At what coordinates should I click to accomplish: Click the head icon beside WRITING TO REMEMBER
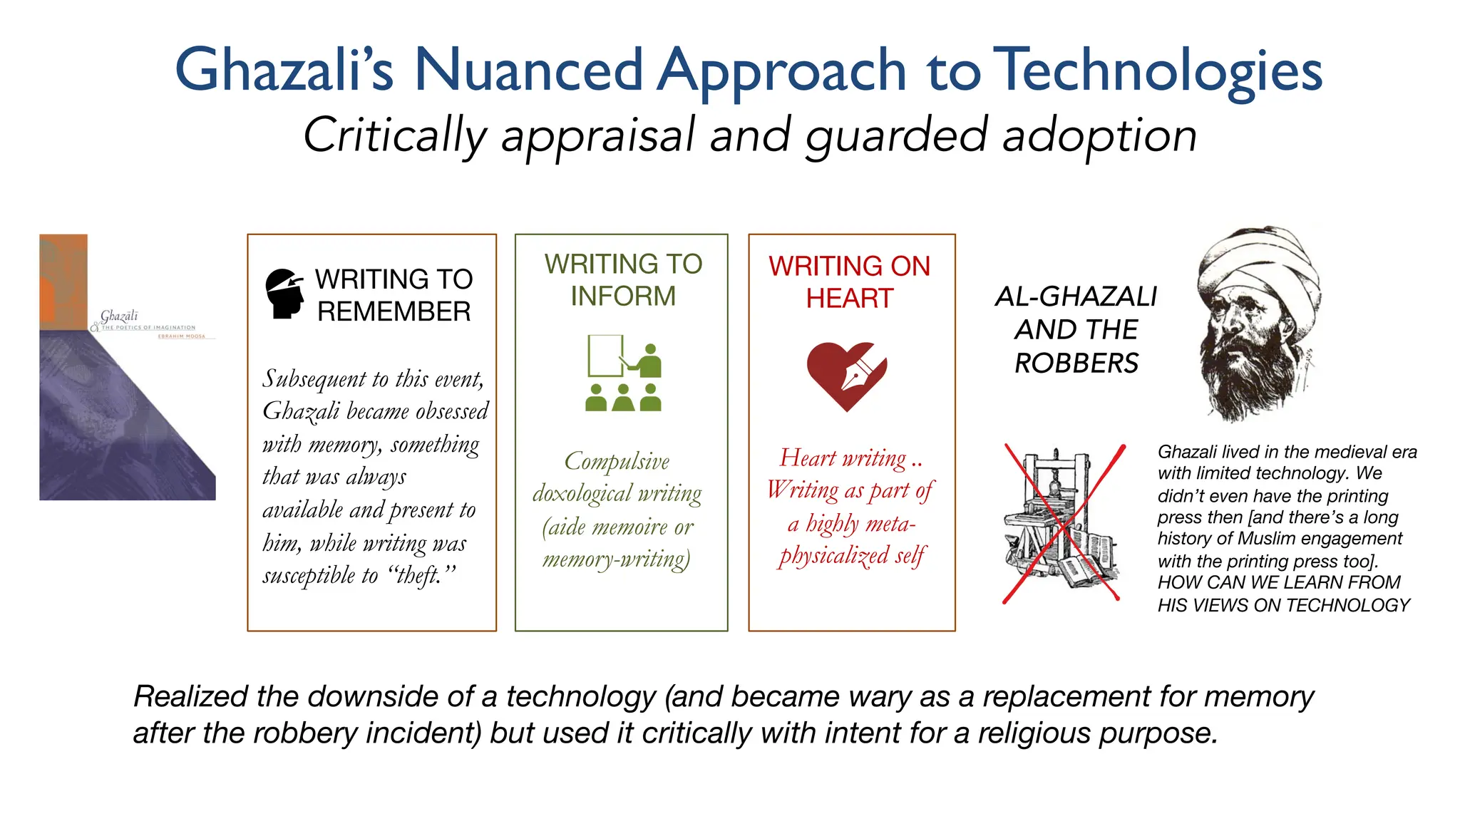(x=284, y=293)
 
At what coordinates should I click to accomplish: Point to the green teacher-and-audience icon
(x=623, y=373)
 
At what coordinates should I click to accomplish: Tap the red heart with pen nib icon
(x=846, y=375)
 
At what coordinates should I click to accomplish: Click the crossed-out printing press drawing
(x=1061, y=524)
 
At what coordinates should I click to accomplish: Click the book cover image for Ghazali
(x=127, y=367)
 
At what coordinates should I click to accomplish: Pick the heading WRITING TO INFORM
(x=623, y=279)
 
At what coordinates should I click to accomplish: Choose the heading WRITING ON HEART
(x=849, y=282)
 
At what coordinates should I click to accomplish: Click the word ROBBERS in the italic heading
(x=1076, y=363)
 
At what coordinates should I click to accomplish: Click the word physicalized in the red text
(x=833, y=556)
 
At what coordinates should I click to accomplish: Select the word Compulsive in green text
(x=617, y=461)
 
